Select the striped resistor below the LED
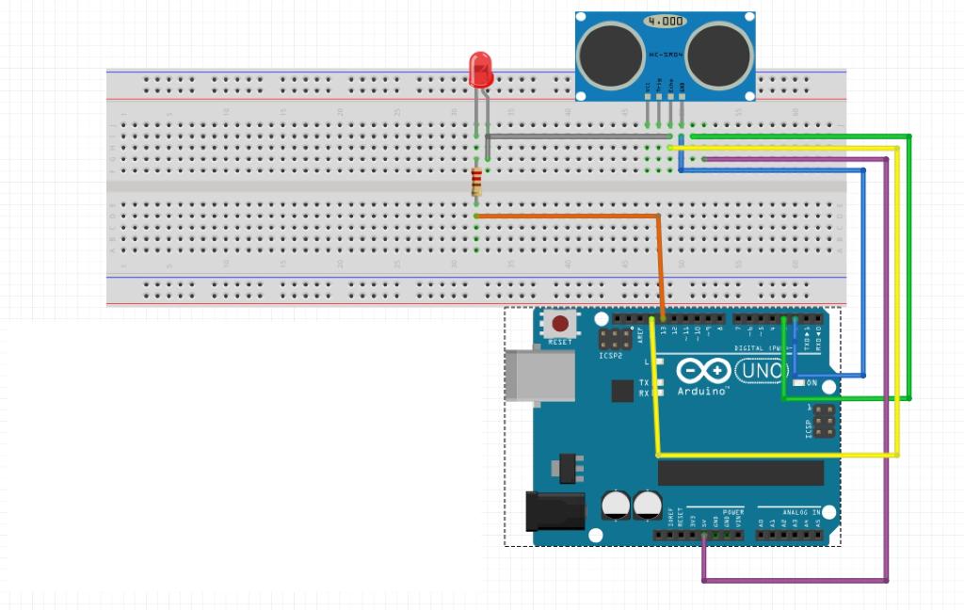point(476,180)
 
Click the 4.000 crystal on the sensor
point(666,20)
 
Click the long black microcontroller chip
point(741,473)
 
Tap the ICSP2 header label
point(610,357)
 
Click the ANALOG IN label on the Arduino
point(801,512)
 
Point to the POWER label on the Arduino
point(732,512)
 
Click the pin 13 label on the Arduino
point(664,331)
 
